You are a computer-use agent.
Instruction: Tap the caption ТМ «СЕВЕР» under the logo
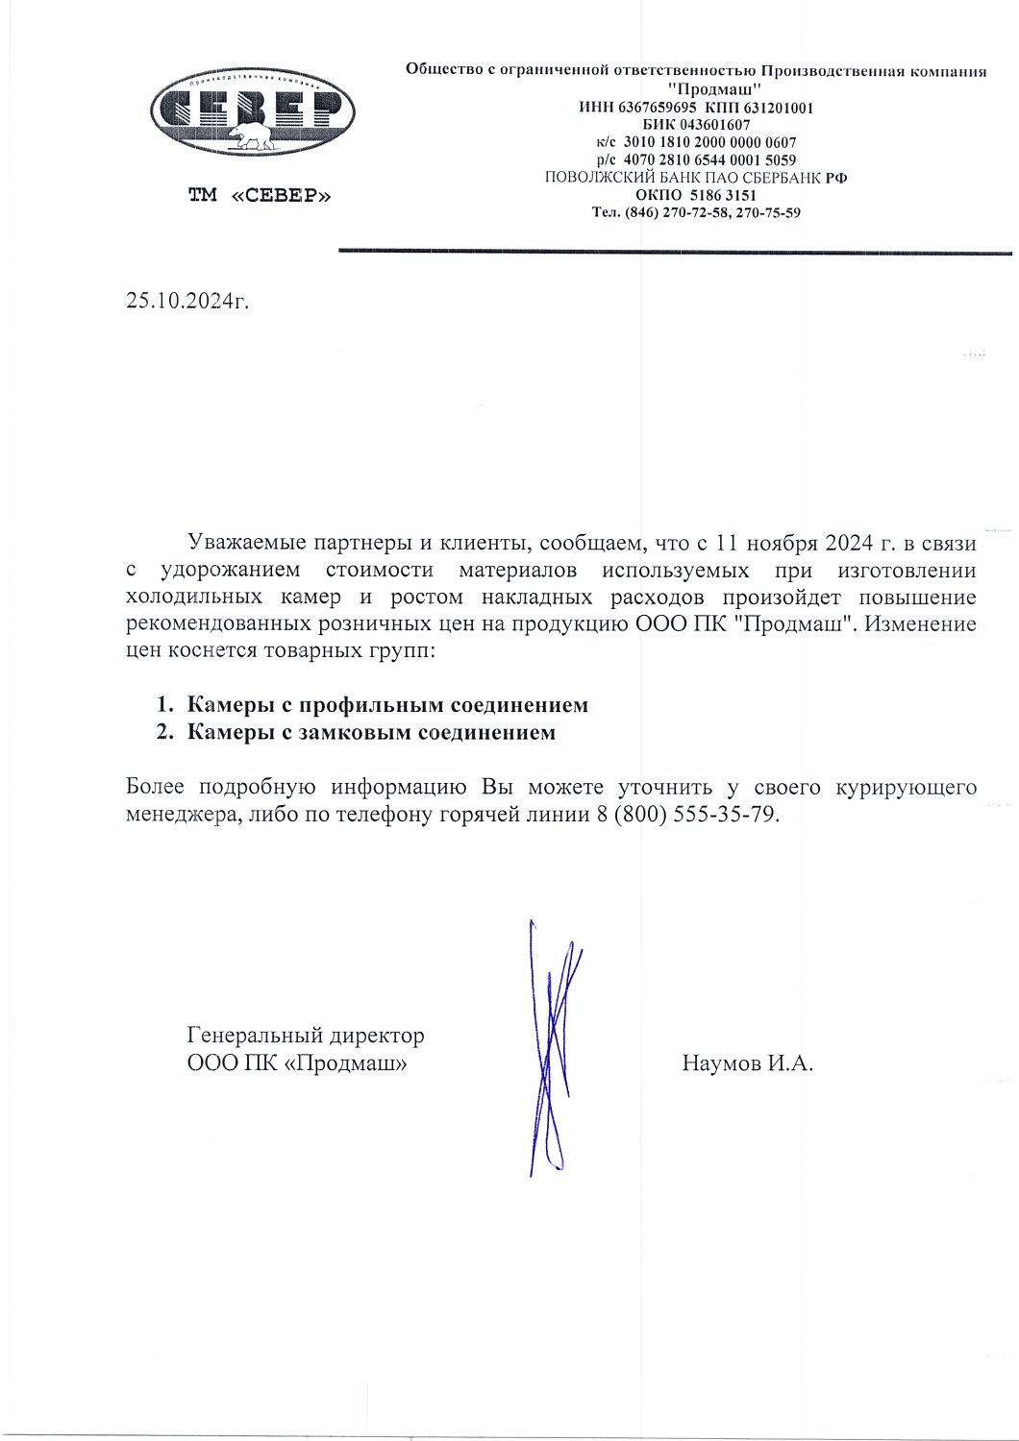[260, 196]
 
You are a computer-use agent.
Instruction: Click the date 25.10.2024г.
[187, 301]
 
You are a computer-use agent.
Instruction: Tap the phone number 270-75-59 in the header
[768, 212]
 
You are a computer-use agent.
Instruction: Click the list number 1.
[163, 706]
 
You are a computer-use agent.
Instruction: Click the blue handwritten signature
[553, 1047]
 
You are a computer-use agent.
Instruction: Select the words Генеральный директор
[305, 1037]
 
